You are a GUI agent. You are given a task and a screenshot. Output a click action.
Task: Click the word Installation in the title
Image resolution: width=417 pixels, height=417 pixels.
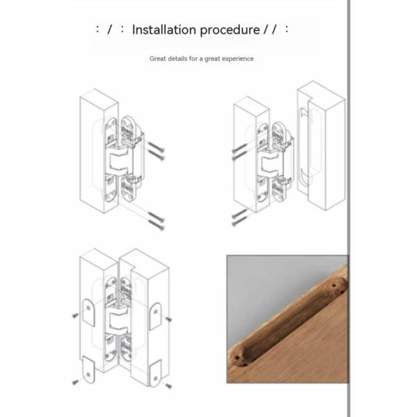[x=164, y=30]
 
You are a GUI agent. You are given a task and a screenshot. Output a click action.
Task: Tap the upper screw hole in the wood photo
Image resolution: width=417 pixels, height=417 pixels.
[x=337, y=284]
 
